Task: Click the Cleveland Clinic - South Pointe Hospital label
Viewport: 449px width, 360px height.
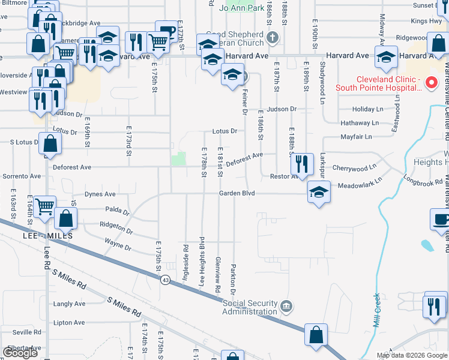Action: point(389,83)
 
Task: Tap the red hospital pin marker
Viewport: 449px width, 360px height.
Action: point(430,83)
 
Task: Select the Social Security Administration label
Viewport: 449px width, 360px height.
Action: point(250,307)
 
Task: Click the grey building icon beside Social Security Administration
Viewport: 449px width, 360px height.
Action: point(286,307)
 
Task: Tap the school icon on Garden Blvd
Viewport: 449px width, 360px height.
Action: point(319,192)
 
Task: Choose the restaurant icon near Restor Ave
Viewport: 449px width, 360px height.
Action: point(302,163)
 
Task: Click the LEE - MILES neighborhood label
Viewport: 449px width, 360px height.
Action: point(47,236)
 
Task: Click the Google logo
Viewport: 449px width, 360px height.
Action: point(20,353)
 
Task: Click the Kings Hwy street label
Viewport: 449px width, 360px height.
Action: point(427,21)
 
